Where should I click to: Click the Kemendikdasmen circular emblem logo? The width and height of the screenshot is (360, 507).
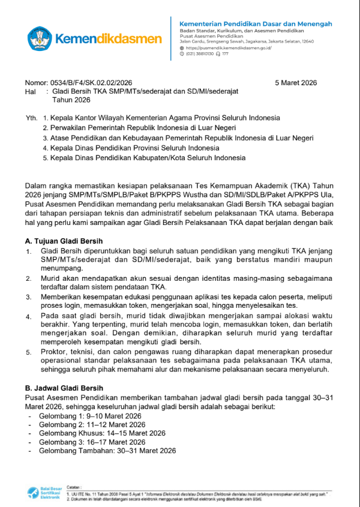click(x=39, y=38)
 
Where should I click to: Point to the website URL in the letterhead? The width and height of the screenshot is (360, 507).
click(x=229, y=47)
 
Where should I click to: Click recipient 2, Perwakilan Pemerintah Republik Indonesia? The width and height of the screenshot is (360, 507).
click(x=143, y=128)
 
